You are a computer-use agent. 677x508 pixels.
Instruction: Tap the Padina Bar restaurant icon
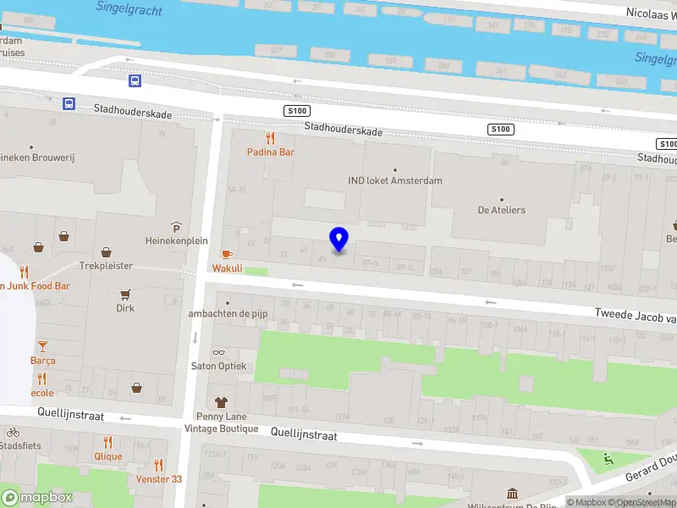point(271,138)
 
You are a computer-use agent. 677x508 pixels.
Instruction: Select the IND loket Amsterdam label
point(395,180)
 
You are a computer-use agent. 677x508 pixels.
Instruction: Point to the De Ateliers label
point(501,210)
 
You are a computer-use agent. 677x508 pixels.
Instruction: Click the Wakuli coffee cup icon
point(227,254)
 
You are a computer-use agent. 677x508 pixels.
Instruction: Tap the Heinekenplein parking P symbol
point(176,227)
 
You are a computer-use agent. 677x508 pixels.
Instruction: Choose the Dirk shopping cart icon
point(125,295)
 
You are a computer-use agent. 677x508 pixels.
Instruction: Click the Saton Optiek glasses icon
point(219,352)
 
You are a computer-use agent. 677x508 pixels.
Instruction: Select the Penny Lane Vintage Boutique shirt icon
point(222,402)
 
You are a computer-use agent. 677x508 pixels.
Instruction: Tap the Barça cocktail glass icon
point(42,346)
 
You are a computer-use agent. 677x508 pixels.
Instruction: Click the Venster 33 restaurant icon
point(159,465)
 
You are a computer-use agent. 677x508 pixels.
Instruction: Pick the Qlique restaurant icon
point(107,442)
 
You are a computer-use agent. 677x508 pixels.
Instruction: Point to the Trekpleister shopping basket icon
point(107,251)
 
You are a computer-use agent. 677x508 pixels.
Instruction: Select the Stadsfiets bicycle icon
point(13,432)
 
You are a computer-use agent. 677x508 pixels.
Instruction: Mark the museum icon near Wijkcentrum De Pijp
point(512,494)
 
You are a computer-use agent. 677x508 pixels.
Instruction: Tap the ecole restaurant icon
point(42,379)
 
